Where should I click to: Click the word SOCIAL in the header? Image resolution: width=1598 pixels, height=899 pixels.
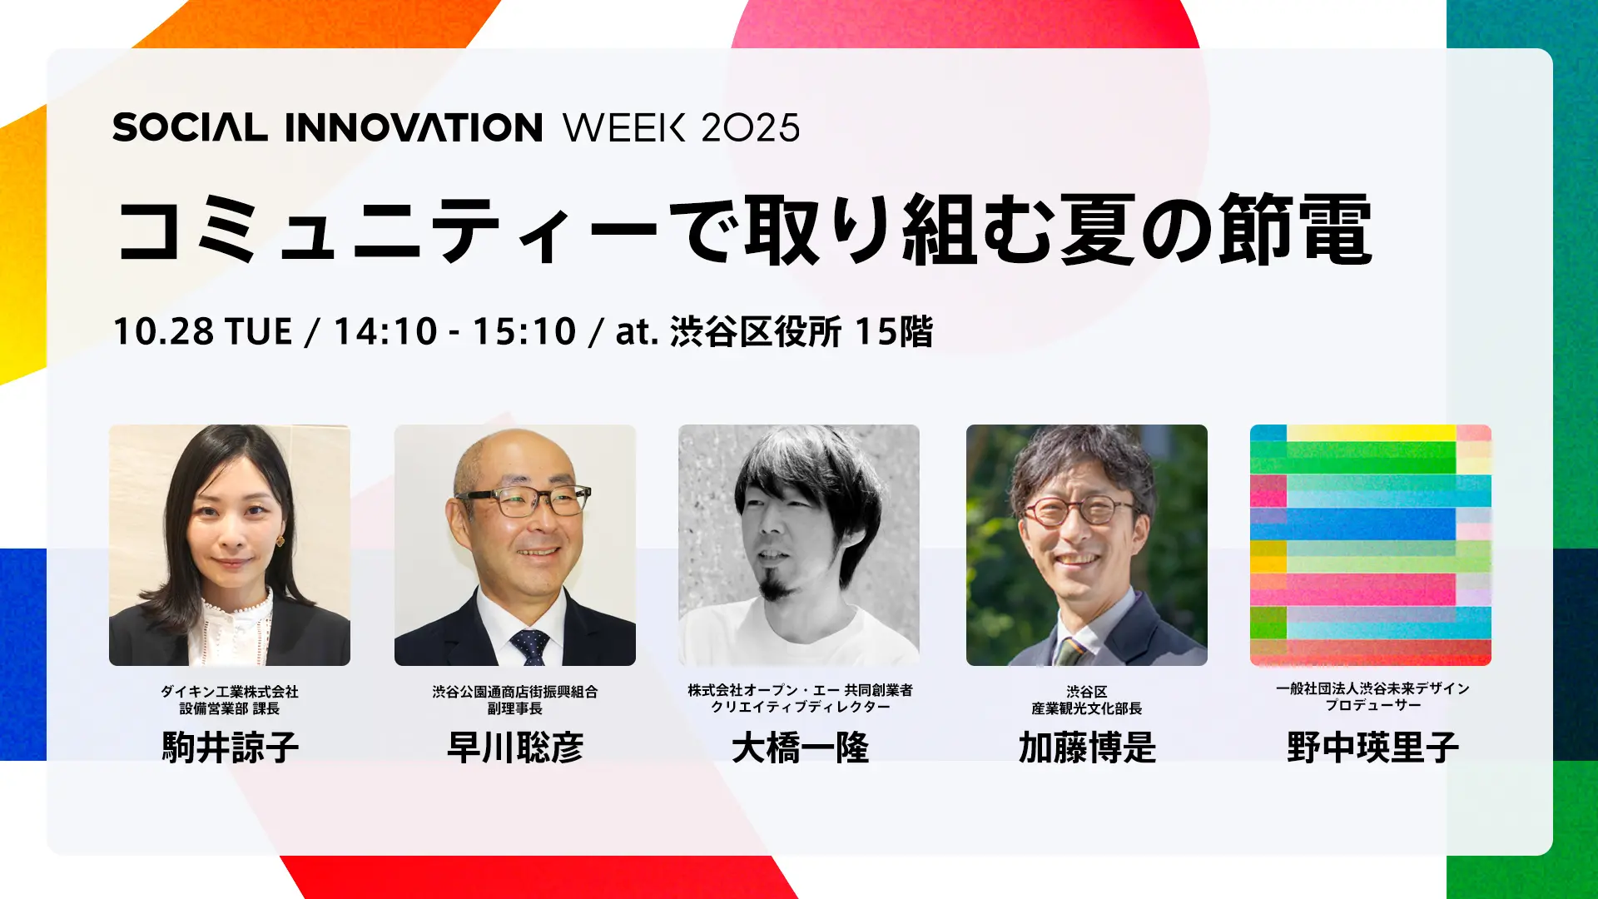tap(190, 127)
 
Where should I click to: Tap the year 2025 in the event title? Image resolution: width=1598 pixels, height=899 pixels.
tap(750, 127)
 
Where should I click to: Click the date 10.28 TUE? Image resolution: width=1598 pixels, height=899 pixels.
tap(202, 331)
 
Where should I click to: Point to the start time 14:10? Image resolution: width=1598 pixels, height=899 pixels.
tap(385, 331)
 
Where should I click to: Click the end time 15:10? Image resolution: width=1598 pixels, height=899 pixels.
tap(524, 331)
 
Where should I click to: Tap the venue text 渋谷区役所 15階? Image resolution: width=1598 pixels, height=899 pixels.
tap(801, 331)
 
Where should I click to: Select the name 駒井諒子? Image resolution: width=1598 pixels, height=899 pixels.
tap(231, 747)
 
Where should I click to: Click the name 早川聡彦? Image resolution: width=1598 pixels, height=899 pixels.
tap(515, 747)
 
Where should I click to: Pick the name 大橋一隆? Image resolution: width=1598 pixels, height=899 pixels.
tap(800, 748)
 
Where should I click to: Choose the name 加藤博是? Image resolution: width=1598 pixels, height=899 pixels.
tap(1087, 748)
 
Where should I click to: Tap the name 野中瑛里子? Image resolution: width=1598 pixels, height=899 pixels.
tap(1372, 747)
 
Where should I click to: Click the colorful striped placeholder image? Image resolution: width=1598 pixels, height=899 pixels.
tap(1371, 545)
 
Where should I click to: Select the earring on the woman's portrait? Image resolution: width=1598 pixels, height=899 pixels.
tap(280, 541)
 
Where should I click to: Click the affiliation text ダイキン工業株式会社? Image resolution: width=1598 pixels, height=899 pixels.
tap(230, 692)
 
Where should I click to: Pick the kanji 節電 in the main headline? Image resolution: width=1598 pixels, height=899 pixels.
tap(1295, 230)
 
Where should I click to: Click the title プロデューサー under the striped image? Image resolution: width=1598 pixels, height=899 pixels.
tap(1373, 705)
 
